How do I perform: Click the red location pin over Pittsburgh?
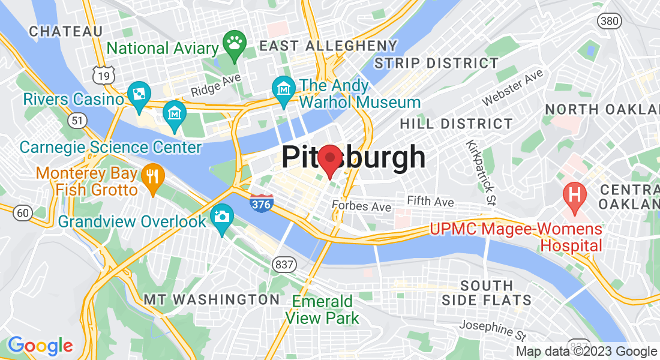point(329,160)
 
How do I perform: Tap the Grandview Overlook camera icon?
point(221,217)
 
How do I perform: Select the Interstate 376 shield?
point(262,203)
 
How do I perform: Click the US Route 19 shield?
point(103,75)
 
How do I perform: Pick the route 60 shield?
point(23,212)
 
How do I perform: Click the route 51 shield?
point(77,121)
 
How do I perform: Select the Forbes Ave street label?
point(361,207)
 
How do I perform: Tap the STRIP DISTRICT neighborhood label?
point(436,63)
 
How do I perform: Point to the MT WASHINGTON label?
point(212,299)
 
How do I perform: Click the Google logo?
point(40,346)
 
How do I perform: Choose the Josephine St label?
point(494,329)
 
